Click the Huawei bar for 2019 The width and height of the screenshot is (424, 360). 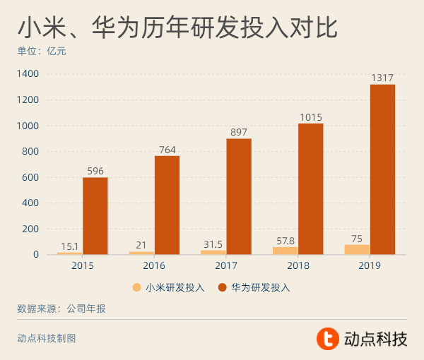tap(382, 169)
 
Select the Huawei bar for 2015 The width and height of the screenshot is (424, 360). tap(95, 216)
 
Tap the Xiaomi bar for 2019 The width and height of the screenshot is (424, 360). tap(357, 249)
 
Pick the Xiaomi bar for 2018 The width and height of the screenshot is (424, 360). tap(285, 251)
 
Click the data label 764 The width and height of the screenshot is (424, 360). tap(167, 150)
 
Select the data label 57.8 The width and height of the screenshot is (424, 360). tap(285, 241)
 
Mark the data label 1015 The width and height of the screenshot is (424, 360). tap(310, 118)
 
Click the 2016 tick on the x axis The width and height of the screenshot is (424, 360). tap(154, 265)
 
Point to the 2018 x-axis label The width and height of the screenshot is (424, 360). tap(298, 265)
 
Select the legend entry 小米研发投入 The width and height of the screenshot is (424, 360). tap(169, 287)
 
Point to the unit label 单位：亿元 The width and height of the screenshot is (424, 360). tap(42, 52)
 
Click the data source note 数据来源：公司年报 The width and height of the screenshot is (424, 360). tap(61, 308)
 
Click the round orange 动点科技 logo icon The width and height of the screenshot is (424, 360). tap(327, 339)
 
